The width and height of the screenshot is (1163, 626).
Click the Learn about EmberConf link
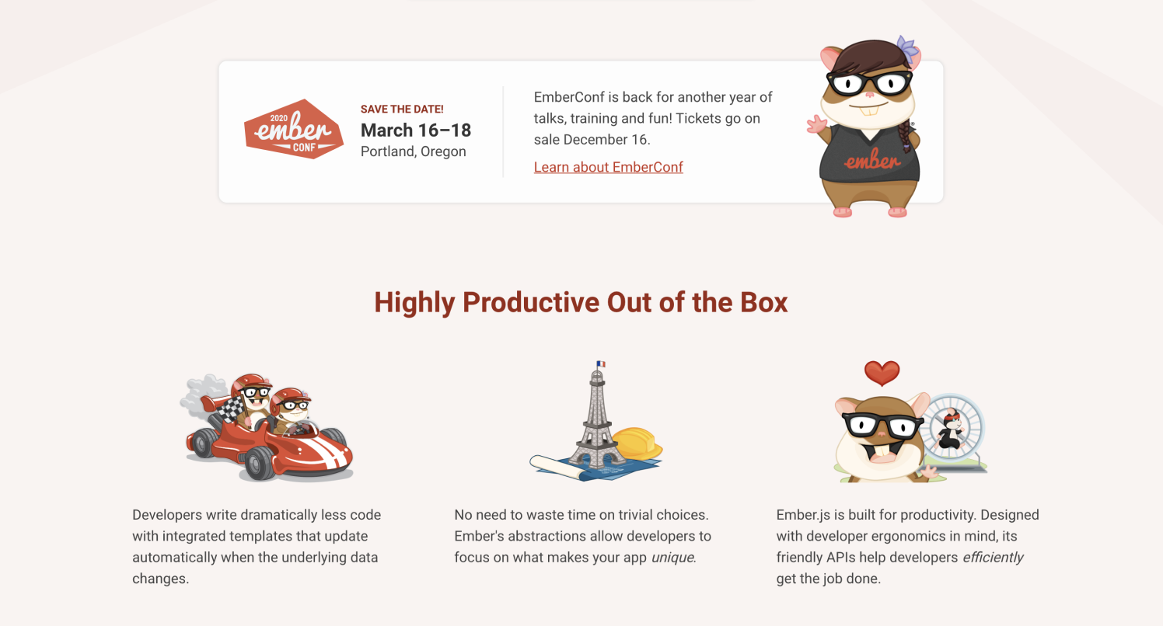(x=608, y=167)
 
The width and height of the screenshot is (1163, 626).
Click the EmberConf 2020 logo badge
(x=294, y=129)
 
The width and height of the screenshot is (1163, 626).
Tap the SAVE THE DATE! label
(x=402, y=109)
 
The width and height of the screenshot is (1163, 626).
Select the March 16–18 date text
(x=416, y=130)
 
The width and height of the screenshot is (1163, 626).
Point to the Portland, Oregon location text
(x=414, y=151)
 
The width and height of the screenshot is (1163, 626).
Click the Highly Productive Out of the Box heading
(x=581, y=302)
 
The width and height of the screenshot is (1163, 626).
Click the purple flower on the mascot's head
(x=907, y=47)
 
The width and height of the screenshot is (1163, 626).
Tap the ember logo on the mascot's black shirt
(x=871, y=160)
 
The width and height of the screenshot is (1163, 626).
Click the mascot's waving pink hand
(x=816, y=125)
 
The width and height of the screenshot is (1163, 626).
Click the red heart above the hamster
(x=882, y=373)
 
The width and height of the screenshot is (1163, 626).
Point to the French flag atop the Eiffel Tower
(x=601, y=364)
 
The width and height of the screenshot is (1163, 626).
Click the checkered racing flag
(x=231, y=409)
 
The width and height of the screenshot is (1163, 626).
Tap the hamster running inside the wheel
(x=951, y=430)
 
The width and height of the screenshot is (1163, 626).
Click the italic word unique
(x=673, y=558)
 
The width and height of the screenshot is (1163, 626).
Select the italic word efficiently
(x=993, y=558)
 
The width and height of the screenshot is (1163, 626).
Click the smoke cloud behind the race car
(x=204, y=395)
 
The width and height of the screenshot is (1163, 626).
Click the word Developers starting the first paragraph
(x=166, y=515)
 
